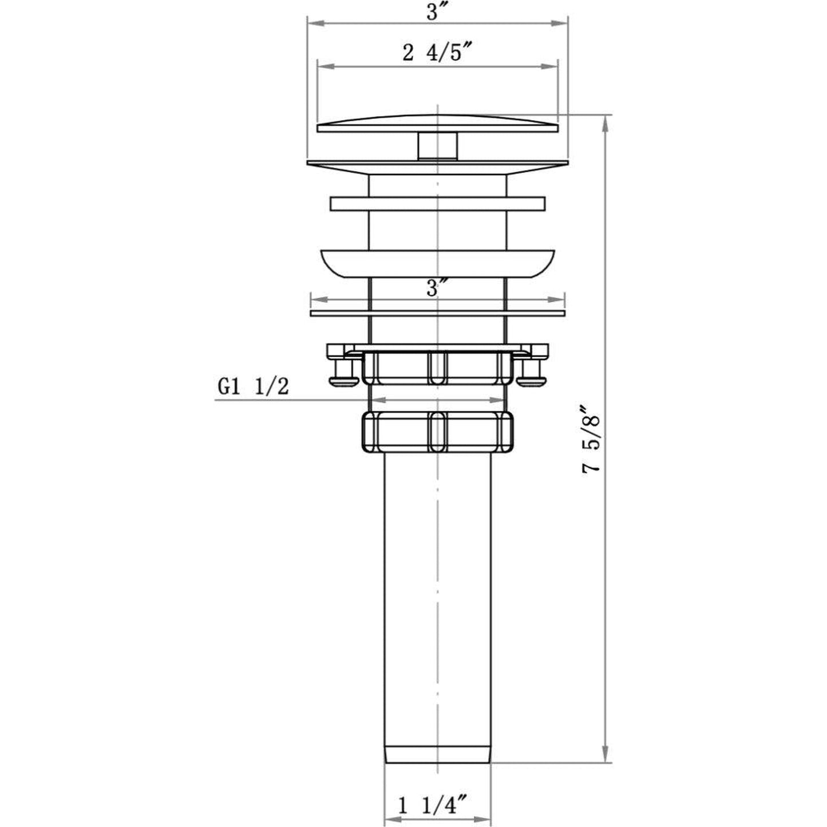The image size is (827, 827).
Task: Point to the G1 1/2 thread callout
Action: point(253,387)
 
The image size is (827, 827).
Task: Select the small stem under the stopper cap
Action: point(437,147)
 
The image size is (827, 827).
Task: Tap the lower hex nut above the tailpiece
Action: point(437,432)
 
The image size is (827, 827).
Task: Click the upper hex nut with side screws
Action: point(437,367)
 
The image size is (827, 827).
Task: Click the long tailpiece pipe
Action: point(437,601)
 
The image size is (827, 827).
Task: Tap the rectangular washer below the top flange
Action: point(437,204)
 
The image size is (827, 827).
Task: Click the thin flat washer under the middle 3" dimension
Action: point(437,314)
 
